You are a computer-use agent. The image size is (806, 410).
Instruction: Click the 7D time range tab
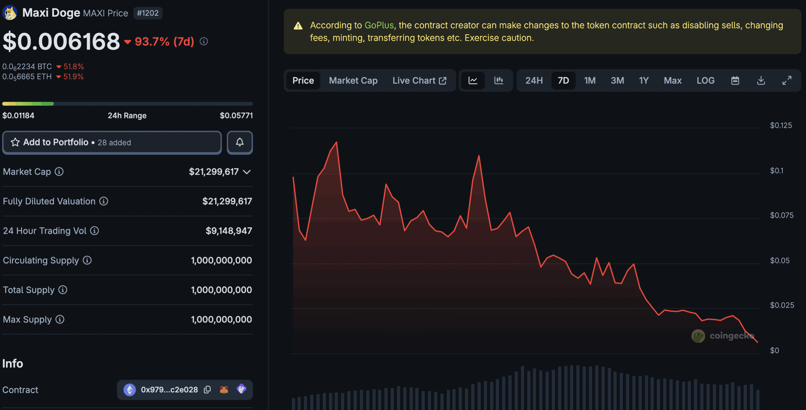pos(563,81)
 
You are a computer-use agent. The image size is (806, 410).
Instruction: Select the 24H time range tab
pos(534,81)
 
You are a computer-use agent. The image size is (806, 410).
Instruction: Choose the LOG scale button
pos(706,81)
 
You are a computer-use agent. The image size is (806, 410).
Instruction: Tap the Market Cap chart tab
pos(353,81)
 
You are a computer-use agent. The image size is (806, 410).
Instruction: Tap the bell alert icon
pos(240,143)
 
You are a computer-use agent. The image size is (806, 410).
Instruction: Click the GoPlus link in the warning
pos(379,25)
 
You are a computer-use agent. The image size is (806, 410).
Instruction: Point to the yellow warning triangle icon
pos(298,26)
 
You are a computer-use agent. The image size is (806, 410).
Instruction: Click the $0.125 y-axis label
pos(781,126)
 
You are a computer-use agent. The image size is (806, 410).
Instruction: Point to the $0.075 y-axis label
pos(781,215)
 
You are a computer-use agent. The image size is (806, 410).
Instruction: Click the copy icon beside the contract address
pos(207,390)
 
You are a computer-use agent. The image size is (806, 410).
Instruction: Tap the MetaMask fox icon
pos(224,390)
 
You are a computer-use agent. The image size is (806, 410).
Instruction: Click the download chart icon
pos(761,81)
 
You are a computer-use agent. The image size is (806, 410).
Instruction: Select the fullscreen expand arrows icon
pos(787,81)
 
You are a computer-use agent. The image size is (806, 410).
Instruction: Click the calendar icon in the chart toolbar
pos(735,81)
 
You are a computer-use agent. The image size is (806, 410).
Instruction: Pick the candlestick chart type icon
pos(499,81)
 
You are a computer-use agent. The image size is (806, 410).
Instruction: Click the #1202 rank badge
pos(148,13)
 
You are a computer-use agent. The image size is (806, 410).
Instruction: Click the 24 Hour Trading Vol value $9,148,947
pos(229,231)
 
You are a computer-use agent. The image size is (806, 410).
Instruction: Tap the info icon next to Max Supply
pos(60,319)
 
